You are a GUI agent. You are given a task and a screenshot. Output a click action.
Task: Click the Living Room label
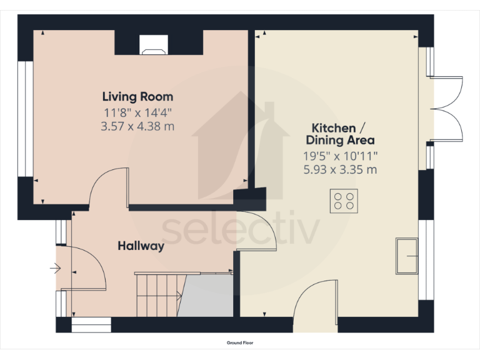[137, 97]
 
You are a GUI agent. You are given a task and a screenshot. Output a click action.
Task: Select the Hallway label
[141, 246]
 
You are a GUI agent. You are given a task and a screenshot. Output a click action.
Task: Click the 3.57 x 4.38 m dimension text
[137, 126]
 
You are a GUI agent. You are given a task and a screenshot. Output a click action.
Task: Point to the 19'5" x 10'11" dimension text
[339, 155]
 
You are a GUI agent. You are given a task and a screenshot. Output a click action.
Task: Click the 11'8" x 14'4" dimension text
[137, 112]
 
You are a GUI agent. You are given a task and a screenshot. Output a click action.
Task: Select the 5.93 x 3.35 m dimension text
[339, 169]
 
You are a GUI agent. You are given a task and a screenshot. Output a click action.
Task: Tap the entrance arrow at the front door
[55, 269]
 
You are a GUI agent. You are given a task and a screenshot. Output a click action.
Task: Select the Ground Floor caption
[240, 342]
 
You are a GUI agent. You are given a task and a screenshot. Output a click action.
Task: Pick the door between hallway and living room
[110, 187]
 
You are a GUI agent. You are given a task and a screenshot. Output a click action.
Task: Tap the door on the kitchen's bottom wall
[316, 300]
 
